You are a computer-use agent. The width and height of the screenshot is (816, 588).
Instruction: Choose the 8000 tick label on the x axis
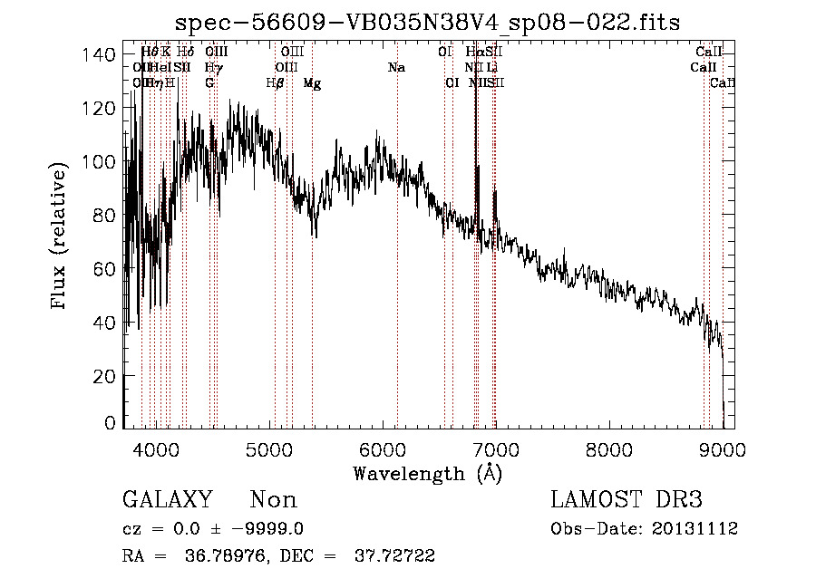[608, 449]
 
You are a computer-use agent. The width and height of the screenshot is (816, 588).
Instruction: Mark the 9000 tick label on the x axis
[723, 449]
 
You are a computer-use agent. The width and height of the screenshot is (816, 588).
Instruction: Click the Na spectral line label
[396, 68]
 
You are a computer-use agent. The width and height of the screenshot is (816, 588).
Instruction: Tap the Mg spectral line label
[312, 83]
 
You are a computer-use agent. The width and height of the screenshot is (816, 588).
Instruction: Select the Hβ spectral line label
[276, 83]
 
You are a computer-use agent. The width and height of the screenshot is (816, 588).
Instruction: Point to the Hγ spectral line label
[212, 68]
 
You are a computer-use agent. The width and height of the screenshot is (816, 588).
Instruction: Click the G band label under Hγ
[209, 83]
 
